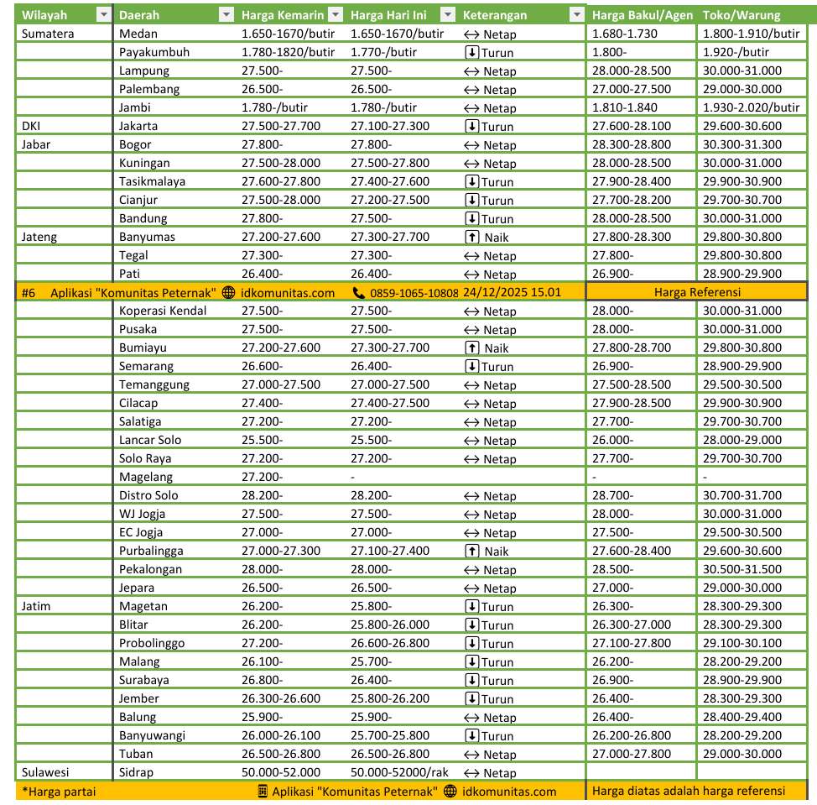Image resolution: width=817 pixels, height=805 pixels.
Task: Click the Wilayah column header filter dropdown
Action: [x=103, y=15]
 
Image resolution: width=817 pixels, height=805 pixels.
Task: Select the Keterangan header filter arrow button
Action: [x=575, y=15]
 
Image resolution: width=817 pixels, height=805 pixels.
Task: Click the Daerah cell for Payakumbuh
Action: [x=154, y=52]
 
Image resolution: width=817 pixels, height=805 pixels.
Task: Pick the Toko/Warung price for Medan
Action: [x=751, y=34]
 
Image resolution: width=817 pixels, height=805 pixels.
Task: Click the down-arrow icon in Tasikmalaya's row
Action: [x=471, y=181]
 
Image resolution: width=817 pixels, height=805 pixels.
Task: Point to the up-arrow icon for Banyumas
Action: [x=471, y=237]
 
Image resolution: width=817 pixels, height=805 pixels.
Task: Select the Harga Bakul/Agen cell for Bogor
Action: [x=631, y=144]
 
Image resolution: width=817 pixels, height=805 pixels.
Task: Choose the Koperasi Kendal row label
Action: [x=163, y=311]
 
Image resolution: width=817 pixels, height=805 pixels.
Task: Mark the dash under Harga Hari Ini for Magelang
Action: [x=353, y=477]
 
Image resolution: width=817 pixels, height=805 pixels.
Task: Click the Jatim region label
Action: [x=36, y=606]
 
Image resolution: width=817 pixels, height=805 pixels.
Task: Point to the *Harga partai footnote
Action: [x=59, y=791]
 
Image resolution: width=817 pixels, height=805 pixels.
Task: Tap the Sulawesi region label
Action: [x=45, y=772]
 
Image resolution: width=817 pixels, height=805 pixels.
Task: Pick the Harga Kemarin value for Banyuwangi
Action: [x=280, y=735]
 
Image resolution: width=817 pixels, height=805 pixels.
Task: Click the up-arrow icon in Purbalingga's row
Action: [x=471, y=551]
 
